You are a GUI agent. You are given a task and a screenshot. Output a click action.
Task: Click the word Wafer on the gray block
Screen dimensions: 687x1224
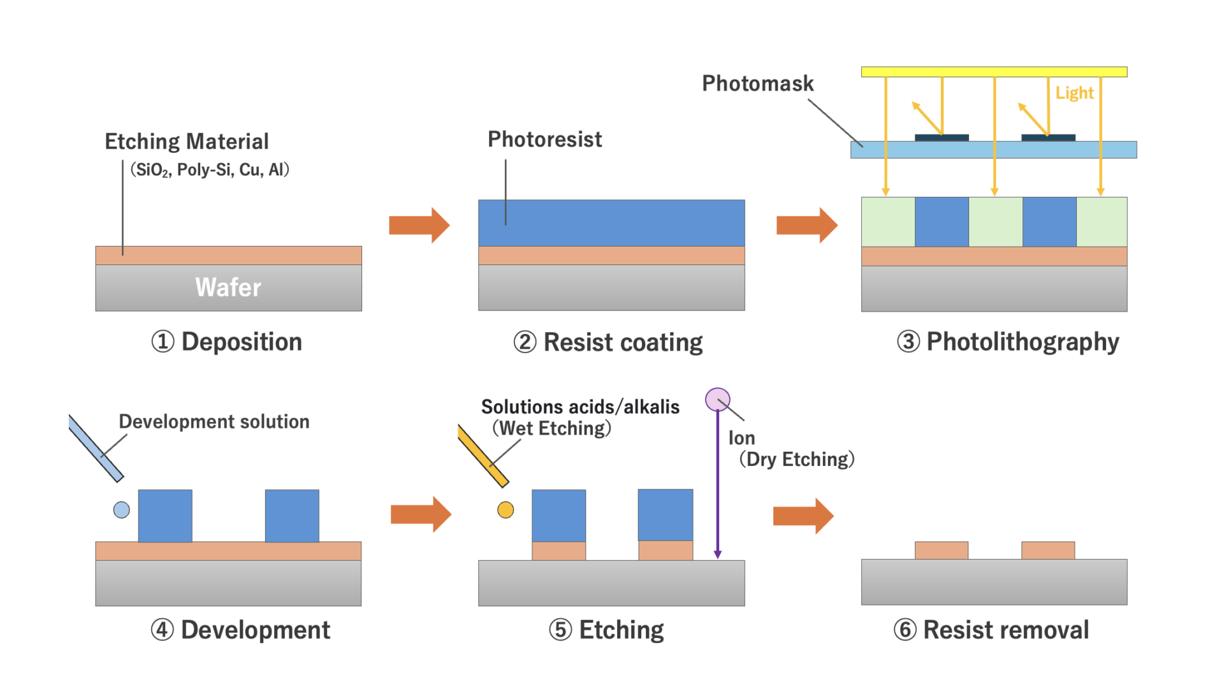coord(228,287)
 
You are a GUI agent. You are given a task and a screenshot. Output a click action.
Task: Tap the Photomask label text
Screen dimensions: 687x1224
coord(757,83)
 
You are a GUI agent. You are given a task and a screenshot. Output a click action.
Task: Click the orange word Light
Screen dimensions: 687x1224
coord(1074,93)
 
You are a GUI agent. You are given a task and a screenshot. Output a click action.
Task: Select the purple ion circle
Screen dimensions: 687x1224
coord(717,400)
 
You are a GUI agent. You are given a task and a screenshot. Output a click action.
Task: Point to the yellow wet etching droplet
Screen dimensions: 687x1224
coord(506,510)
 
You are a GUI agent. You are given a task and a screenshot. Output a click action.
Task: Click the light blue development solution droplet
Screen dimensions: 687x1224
coord(121,510)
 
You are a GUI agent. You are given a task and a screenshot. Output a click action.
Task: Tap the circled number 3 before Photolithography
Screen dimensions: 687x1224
coord(908,342)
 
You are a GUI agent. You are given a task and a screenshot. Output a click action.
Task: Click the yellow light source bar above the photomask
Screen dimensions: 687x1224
coord(994,72)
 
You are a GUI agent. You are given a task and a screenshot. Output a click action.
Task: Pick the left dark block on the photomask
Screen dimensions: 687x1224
coord(942,138)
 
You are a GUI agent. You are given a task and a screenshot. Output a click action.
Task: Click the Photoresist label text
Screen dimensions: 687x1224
coord(544,140)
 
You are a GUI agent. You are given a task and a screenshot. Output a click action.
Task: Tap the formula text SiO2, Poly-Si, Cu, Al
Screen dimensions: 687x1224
coord(210,170)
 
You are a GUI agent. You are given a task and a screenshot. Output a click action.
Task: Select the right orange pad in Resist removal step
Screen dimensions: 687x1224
coord(1048,550)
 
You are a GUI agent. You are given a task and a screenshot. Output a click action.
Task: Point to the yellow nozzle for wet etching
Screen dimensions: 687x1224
coord(483,455)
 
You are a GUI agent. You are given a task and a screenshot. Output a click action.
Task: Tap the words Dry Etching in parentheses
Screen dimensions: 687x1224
coord(796,459)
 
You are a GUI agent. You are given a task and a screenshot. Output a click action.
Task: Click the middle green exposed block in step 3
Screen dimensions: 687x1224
coord(995,222)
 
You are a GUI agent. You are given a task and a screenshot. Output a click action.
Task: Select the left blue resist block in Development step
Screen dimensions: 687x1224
coord(165,516)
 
